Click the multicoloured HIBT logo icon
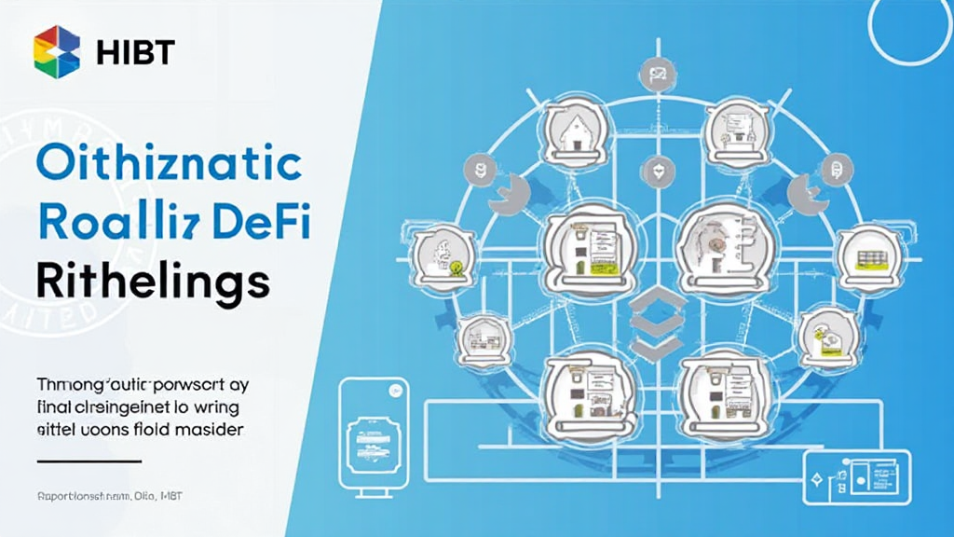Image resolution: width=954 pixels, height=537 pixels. click(57, 52)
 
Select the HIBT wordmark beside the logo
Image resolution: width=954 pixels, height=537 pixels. click(135, 53)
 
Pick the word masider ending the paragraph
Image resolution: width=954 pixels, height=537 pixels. click(212, 430)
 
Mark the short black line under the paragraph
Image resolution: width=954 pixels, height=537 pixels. click(88, 461)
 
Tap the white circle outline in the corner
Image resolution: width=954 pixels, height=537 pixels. click(909, 26)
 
